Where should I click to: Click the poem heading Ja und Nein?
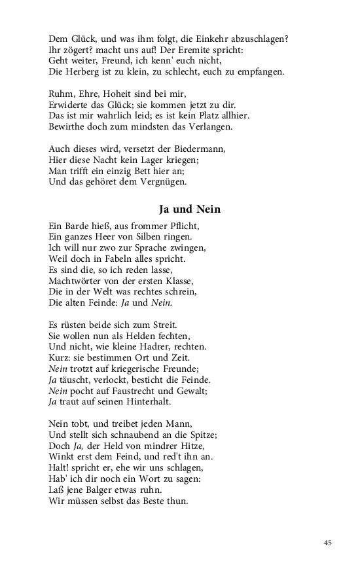tap(190, 209)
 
